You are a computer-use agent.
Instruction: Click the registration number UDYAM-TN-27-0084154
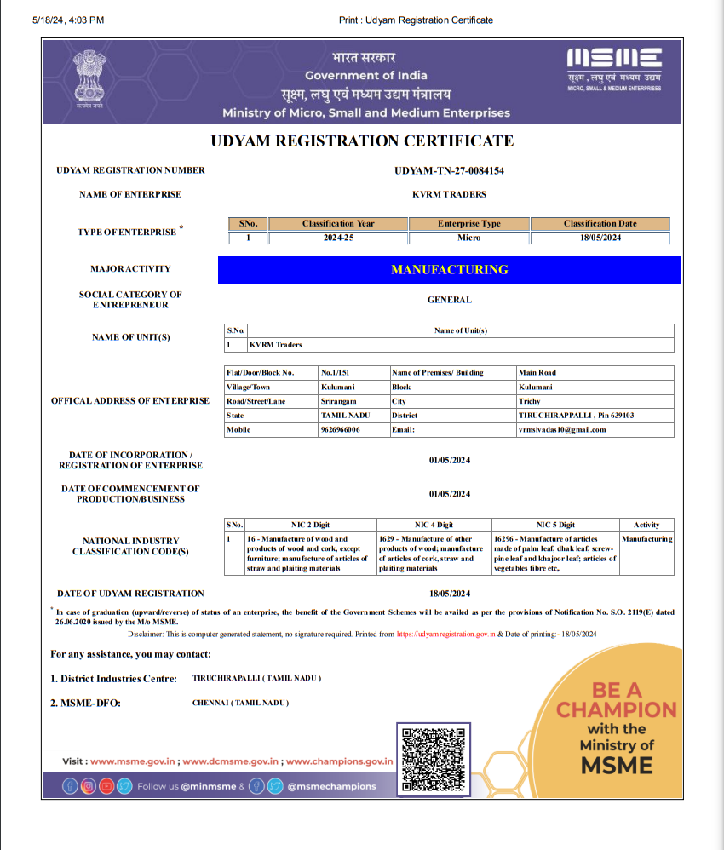click(449, 170)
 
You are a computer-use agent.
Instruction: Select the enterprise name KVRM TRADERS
click(449, 194)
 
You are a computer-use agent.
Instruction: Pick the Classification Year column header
click(338, 224)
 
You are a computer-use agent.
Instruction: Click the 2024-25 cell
click(338, 238)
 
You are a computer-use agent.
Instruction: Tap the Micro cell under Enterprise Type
click(468, 238)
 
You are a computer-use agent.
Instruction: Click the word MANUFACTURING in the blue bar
click(449, 269)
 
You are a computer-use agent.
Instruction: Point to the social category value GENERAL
click(449, 300)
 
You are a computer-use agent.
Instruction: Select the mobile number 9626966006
click(340, 430)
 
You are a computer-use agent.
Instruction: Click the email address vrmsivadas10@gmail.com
click(562, 430)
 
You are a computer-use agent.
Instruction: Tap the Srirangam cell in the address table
click(338, 401)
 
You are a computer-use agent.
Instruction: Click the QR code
click(434, 758)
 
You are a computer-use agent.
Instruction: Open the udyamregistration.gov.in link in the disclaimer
click(445, 635)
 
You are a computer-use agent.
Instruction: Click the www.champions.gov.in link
click(338, 761)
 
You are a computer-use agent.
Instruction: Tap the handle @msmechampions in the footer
click(331, 786)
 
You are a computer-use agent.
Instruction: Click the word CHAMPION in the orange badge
click(616, 709)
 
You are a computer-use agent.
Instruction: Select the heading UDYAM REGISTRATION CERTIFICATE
click(362, 141)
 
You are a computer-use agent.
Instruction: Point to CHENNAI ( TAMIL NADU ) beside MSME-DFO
click(241, 703)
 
